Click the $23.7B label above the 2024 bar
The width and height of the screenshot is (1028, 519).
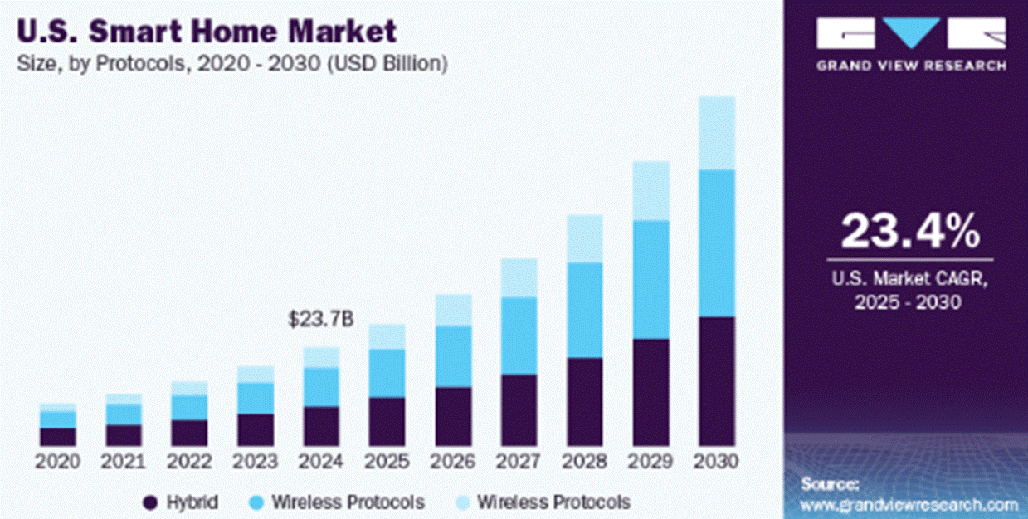(319, 319)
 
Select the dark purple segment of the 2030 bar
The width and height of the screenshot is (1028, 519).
(716, 381)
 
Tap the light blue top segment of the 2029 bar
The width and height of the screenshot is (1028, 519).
(650, 190)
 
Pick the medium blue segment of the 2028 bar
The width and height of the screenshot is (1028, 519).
(585, 310)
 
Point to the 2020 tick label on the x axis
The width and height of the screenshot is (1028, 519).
(57, 461)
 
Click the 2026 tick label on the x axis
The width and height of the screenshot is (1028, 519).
(453, 461)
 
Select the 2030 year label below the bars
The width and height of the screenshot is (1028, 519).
(716, 461)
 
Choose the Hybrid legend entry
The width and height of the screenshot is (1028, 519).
(192, 502)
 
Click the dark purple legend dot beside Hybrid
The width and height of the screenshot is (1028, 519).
(150, 502)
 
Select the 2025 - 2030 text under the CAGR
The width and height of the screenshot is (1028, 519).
(909, 303)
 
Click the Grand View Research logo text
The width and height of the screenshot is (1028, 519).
(910, 66)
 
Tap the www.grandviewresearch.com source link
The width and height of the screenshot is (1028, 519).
(909, 504)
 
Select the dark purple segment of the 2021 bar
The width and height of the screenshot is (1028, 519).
(123, 435)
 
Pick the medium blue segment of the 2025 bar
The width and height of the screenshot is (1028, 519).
(387, 373)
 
